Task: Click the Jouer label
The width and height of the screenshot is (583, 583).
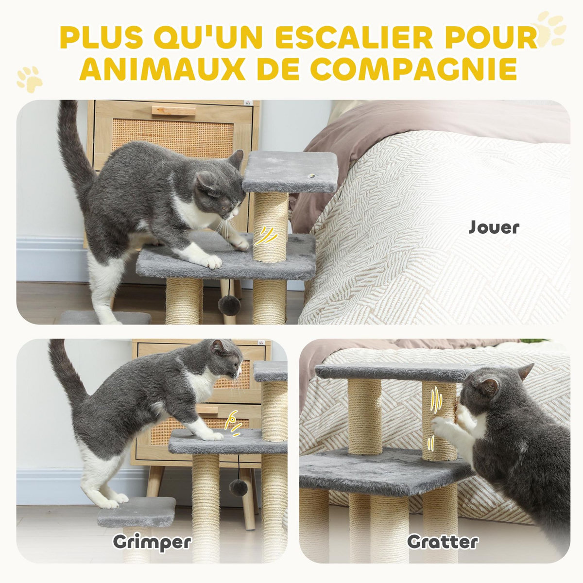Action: click(494, 227)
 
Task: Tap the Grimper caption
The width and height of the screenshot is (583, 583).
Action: click(152, 542)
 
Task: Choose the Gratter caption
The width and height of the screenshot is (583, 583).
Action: click(443, 542)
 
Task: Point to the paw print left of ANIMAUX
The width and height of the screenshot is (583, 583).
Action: click(30, 79)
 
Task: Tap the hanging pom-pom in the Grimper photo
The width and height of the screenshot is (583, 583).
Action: click(238, 487)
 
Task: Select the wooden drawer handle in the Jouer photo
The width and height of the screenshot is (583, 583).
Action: click(173, 111)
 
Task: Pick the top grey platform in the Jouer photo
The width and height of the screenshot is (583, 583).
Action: click(290, 171)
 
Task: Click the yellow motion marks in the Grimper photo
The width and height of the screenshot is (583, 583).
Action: click(234, 423)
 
